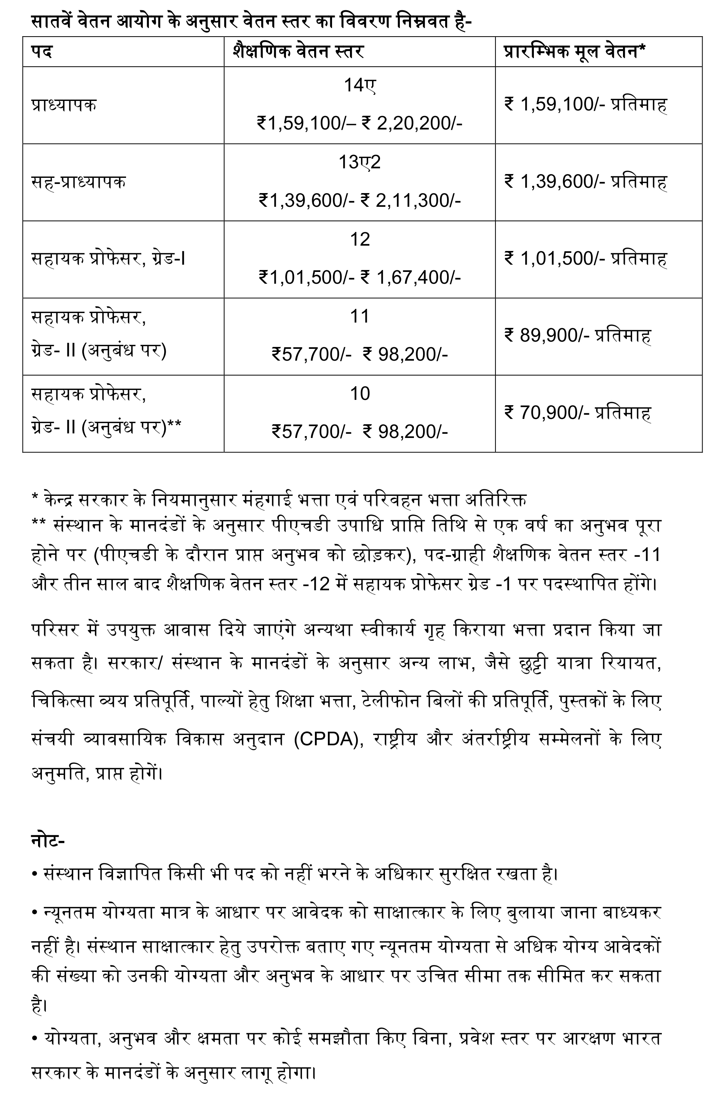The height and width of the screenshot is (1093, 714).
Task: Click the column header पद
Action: (42, 51)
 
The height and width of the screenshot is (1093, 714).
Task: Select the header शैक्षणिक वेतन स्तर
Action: (298, 51)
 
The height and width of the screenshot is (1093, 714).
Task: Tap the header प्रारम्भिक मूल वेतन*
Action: (574, 51)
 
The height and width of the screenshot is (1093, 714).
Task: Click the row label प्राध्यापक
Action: (64, 105)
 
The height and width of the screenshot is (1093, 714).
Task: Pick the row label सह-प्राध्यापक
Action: (78, 182)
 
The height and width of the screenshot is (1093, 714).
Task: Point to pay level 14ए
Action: (359, 85)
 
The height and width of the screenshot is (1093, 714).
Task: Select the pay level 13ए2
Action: (359, 162)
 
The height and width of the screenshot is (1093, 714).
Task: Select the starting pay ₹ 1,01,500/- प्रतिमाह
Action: (585, 259)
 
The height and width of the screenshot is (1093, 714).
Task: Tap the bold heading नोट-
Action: (48, 841)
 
